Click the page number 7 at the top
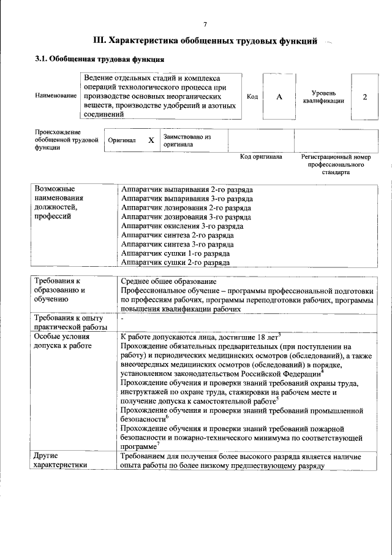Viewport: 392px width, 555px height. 205,24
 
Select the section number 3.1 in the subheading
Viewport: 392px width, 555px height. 40,59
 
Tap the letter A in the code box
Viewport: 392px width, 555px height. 279,97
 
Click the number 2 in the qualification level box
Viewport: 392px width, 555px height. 365,97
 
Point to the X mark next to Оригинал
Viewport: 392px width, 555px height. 151,140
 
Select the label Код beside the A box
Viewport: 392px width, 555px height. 252,97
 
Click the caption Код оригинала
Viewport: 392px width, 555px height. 261,157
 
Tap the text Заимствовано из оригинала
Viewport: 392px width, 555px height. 186,140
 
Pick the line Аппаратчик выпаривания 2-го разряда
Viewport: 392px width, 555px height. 187,189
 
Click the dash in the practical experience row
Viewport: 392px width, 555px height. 123,319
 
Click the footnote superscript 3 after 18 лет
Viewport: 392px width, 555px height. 279,334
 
